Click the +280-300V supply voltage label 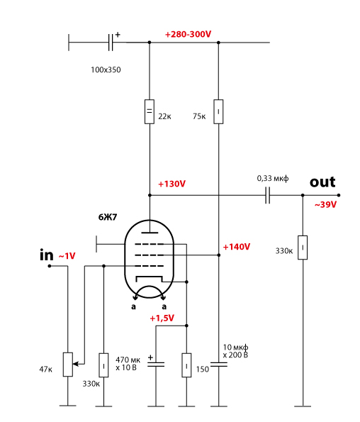[188, 34]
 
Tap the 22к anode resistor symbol [150, 111]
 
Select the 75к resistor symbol [218, 111]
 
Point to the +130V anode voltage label [171, 184]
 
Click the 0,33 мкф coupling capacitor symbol [267, 195]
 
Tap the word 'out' [322, 182]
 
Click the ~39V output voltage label [325, 205]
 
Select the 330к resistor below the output [303, 248]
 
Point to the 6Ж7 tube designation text [108, 217]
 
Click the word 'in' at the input [47, 255]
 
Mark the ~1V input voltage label [67, 256]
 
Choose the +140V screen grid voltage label [237, 247]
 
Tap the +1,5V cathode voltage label [162, 318]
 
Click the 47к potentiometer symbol [68, 365]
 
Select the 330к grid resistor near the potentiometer [103, 365]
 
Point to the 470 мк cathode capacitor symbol [156, 365]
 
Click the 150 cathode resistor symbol [186, 365]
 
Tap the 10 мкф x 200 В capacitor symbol [218, 365]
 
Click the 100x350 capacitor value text [106, 70]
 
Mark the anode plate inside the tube [150, 232]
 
